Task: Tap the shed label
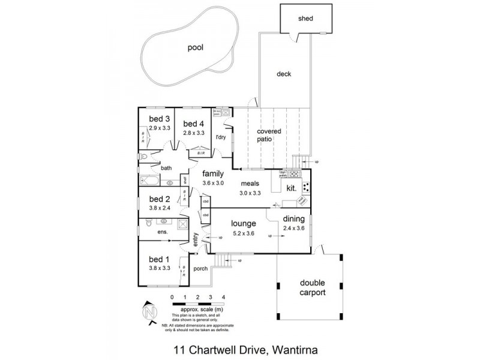(305, 19)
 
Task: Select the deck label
(284, 74)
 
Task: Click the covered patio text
(269, 135)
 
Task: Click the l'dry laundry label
(220, 137)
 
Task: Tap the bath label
(166, 169)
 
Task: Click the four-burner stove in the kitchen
(305, 187)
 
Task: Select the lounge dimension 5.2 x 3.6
(244, 233)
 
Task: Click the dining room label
(294, 219)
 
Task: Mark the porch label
(200, 268)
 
